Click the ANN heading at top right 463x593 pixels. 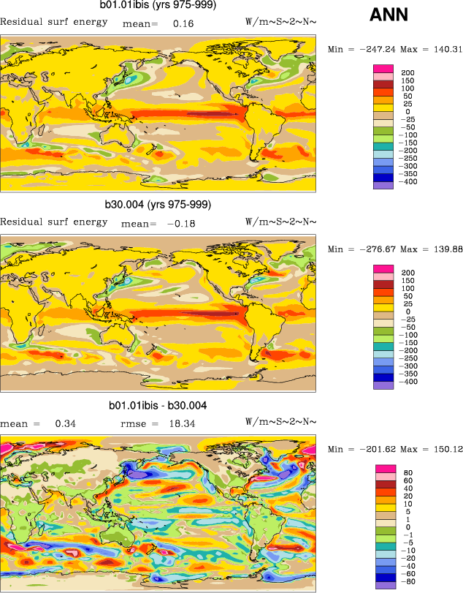(389, 14)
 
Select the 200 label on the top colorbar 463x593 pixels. (408, 72)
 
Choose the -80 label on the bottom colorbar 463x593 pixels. (410, 582)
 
